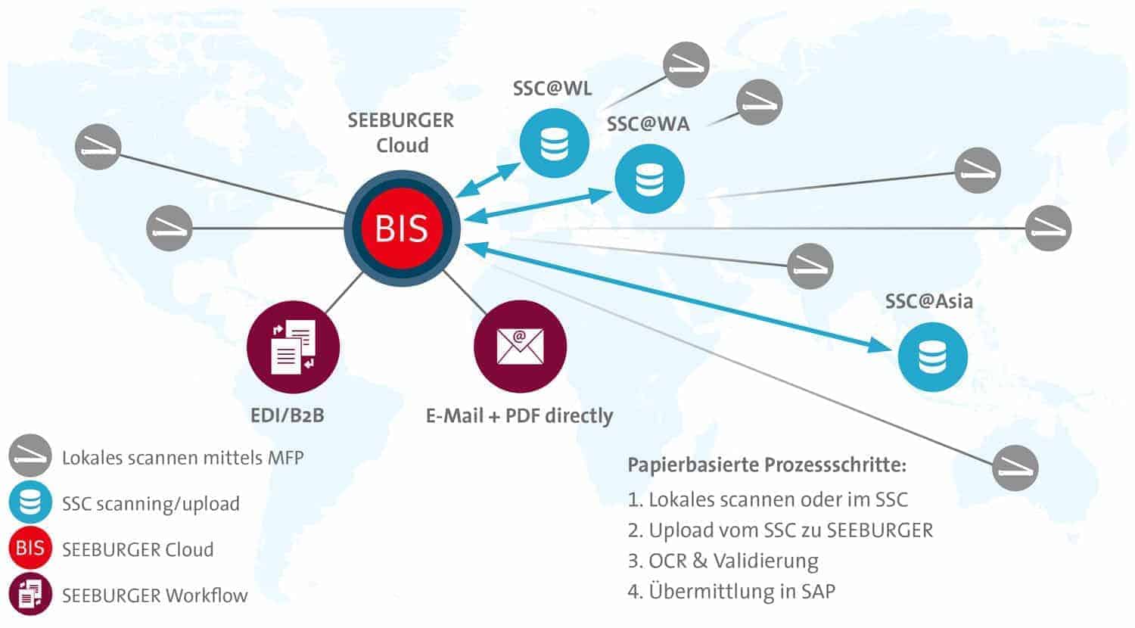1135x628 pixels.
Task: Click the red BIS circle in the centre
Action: (x=402, y=228)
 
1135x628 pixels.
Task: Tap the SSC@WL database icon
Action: (x=554, y=143)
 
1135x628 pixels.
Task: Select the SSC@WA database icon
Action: (x=649, y=179)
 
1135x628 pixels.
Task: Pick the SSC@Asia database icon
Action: (x=932, y=356)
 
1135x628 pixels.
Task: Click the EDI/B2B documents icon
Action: (x=293, y=347)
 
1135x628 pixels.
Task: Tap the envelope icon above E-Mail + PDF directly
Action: (x=520, y=347)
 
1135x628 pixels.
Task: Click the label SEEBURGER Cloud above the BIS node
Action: (x=401, y=132)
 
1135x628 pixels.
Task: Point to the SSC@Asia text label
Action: (x=928, y=301)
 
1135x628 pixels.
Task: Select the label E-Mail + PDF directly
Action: (x=519, y=415)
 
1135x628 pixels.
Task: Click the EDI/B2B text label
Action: (x=287, y=415)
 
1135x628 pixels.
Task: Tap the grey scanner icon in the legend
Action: (x=30, y=455)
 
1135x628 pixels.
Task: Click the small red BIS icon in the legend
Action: (x=30, y=548)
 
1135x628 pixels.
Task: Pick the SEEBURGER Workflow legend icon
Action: (x=30, y=594)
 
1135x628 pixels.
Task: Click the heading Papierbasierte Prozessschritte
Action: (x=767, y=464)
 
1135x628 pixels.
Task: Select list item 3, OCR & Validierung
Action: (x=723, y=561)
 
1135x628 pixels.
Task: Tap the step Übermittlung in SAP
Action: (x=732, y=591)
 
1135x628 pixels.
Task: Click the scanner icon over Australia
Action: (x=1015, y=467)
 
